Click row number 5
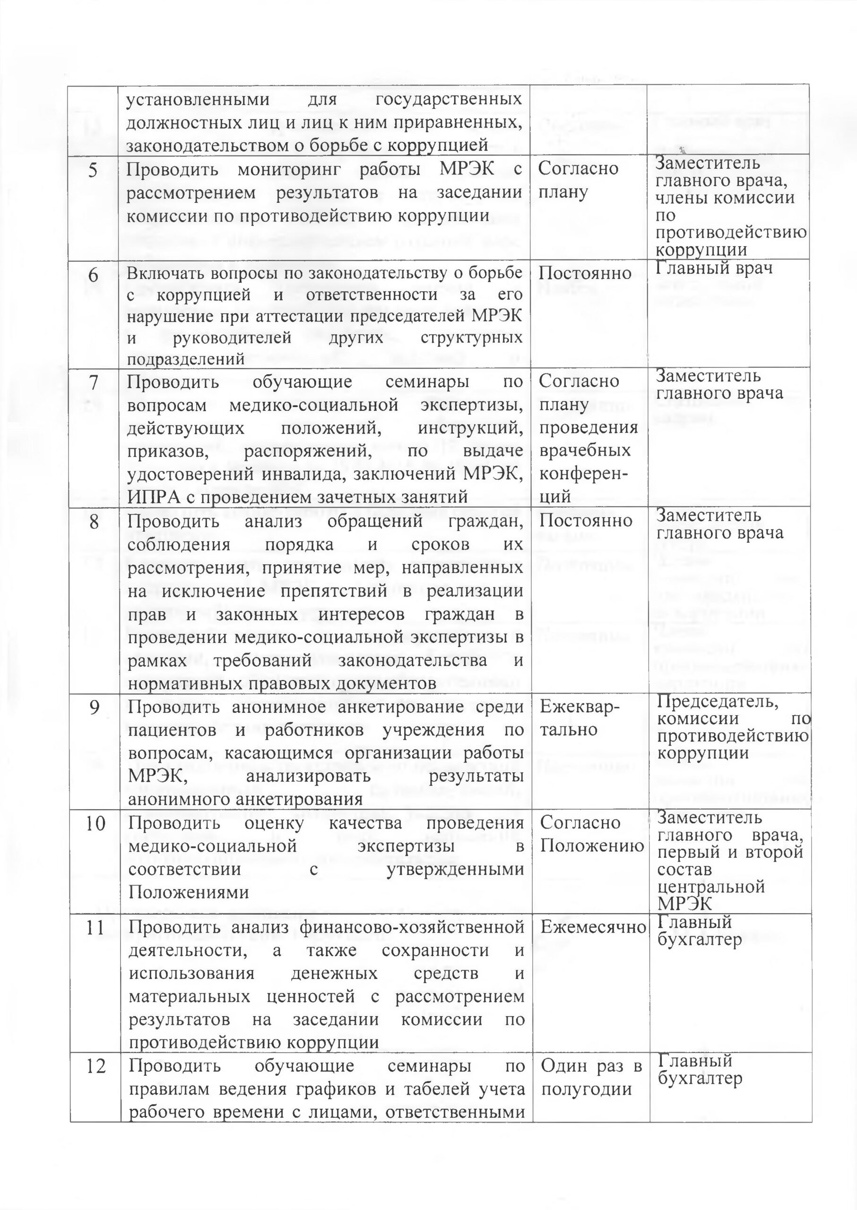93,171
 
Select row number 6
93,275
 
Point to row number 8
94,521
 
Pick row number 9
95,708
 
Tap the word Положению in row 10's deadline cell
592,846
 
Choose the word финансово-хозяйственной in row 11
411,926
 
